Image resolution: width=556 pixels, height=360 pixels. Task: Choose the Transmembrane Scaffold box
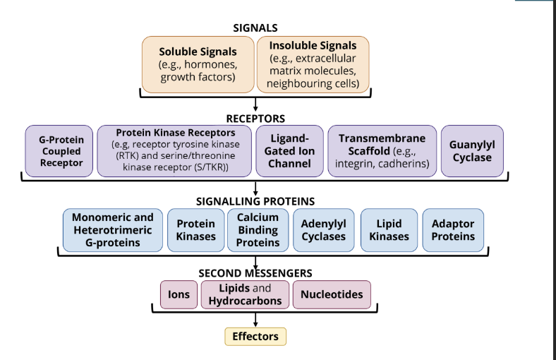pos(382,151)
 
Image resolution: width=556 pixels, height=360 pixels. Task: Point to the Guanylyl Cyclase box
pos(471,151)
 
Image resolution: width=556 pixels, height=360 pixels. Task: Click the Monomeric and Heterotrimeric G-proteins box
pos(113,230)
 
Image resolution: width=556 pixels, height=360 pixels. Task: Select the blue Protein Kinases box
pos(195,230)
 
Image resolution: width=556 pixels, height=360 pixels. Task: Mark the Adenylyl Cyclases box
pos(324,230)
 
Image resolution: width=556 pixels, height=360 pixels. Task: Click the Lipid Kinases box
pos(389,230)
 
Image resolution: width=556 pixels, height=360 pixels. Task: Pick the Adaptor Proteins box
pos(452,230)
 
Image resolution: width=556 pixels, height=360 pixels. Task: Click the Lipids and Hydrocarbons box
pos(245,294)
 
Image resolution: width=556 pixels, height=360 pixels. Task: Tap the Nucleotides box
pos(331,294)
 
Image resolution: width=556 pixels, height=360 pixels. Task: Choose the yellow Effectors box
pos(255,336)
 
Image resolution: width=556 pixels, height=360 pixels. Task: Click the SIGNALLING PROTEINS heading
pos(255,201)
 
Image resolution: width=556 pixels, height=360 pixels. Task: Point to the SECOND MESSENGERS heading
pos(255,272)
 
